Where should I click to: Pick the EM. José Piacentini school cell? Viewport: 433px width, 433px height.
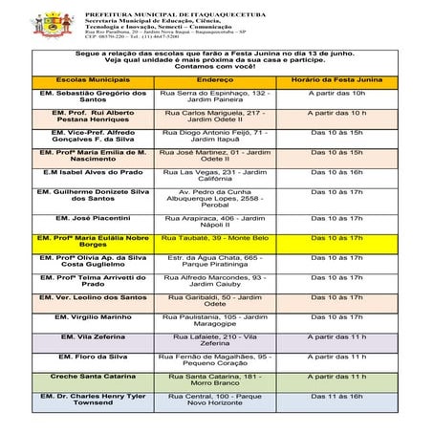click(x=93, y=218)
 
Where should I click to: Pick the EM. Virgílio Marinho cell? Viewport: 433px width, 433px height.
click(x=93, y=316)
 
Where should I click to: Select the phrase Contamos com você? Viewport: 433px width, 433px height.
click(x=216, y=64)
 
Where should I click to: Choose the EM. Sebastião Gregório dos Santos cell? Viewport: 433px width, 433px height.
click(x=93, y=97)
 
